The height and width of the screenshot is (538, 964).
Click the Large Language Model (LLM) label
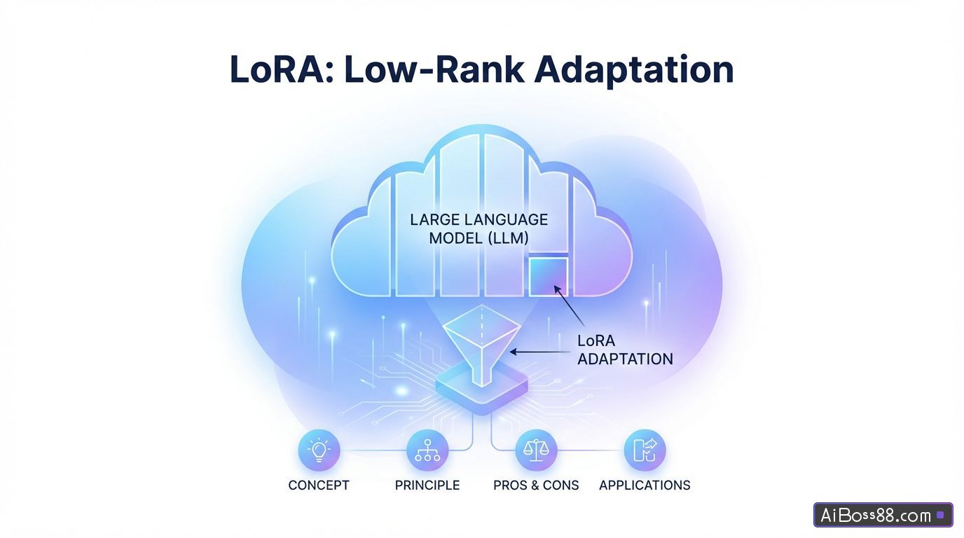tap(479, 229)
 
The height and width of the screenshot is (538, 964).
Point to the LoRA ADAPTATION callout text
tap(624, 350)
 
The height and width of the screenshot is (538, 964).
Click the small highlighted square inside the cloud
tap(549, 277)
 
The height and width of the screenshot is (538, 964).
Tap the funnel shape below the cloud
tap(482, 343)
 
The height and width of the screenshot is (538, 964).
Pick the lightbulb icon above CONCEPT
tap(319, 450)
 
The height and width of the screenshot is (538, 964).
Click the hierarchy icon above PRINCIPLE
tap(427, 450)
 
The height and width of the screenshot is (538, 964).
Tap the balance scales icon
tap(536, 450)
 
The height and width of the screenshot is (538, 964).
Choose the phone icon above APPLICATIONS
tap(645, 450)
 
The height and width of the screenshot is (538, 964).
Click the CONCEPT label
tap(319, 485)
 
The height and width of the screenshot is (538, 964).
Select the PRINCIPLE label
tap(427, 485)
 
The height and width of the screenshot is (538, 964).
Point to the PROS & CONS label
tap(536, 485)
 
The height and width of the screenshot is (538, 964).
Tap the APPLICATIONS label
tap(645, 485)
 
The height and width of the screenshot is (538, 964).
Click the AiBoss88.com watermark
tap(876, 516)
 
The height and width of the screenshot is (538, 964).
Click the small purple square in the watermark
tap(940, 516)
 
